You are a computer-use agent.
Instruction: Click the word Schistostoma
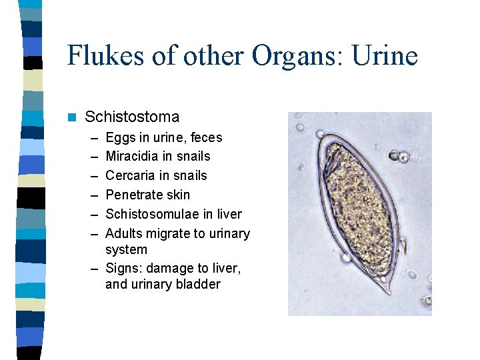coord(132,117)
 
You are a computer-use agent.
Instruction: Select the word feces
coord(207,138)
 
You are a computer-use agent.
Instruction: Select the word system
coord(126,250)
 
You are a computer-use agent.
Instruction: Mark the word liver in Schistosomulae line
coord(228,215)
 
